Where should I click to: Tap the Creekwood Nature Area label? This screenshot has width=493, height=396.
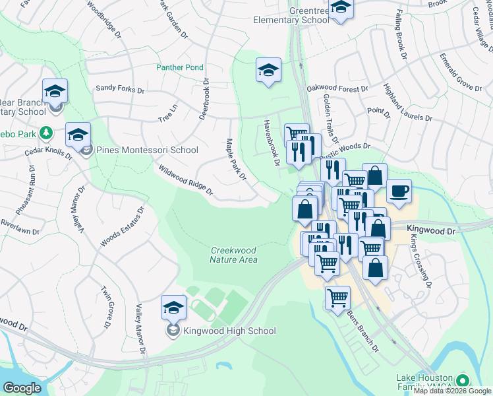click(x=233, y=255)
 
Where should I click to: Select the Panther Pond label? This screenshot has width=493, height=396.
click(x=179, y=67)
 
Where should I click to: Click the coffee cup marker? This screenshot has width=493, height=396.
click(x=399, y=191)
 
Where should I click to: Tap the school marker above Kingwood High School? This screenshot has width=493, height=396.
click(x=174, y=308)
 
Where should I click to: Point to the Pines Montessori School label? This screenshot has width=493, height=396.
click(x=147, y=150)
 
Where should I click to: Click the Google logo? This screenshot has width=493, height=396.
click(x=22, y=388)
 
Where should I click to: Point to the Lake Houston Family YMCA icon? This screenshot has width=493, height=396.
click(x=463, y=381)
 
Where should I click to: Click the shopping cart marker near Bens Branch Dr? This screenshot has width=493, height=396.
click(x=337, y=298)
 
